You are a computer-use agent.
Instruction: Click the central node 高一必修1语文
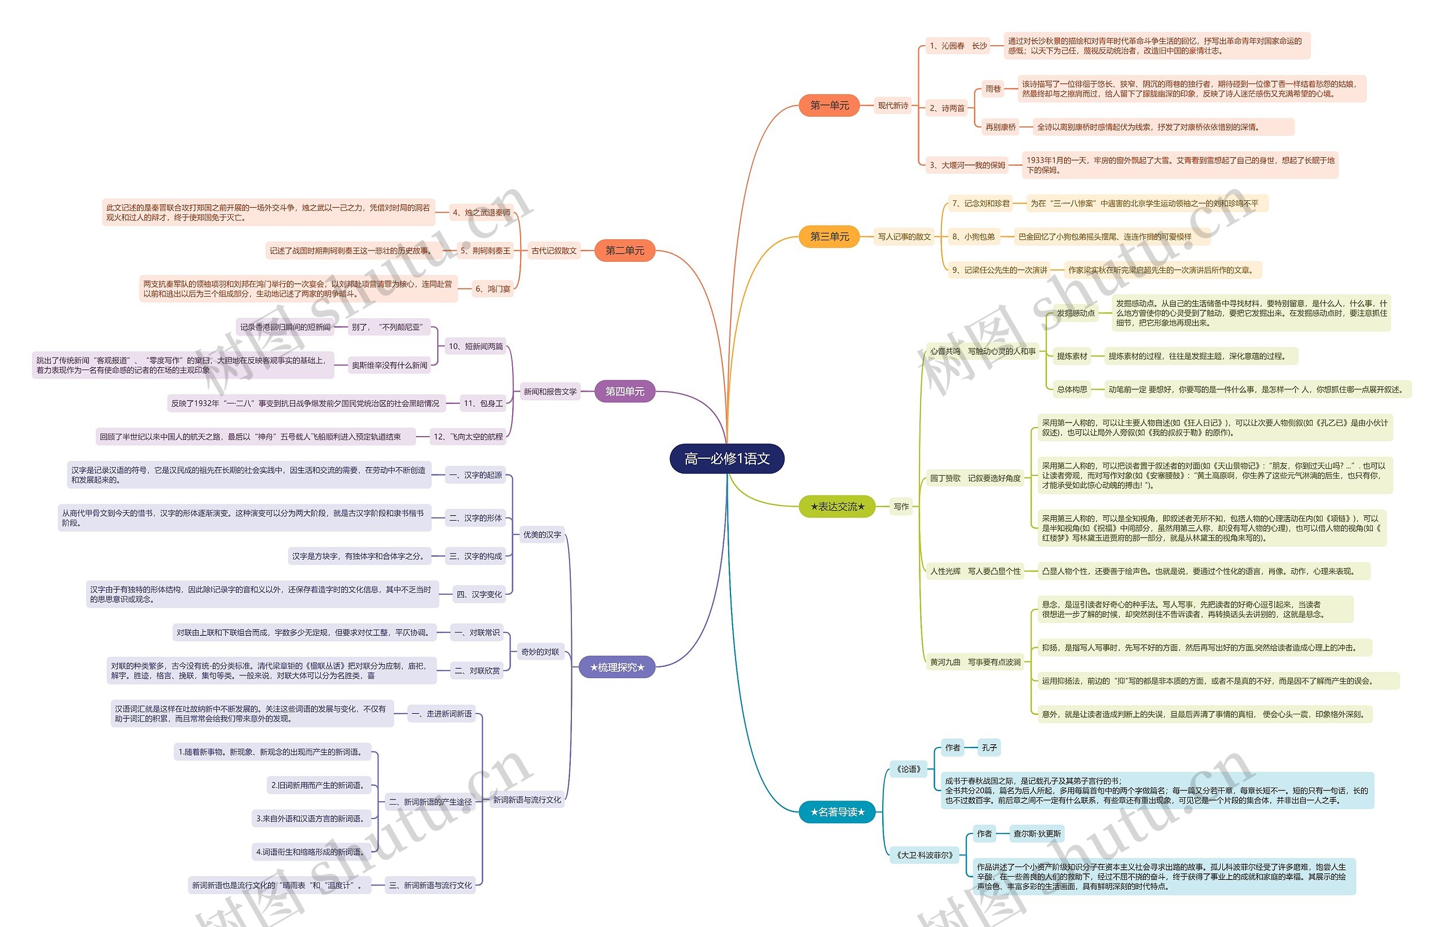(x=727, y=459)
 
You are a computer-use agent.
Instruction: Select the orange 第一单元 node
(x=829, y=106)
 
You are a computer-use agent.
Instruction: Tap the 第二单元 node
(x=624, y=251)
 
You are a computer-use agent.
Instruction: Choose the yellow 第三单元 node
(x=829, y=236)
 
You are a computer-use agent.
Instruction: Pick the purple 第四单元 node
(x=624, y=391)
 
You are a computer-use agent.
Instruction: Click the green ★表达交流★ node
(x=837, y=506)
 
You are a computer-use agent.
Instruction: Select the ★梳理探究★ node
(x=617, y=667)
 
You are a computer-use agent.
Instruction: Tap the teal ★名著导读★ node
(x=837, y=812)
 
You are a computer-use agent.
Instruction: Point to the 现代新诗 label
(x=893, y=106)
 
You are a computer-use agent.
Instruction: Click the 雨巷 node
(x=993, y=89)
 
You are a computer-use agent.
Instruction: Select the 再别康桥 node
(x=1000, y=127)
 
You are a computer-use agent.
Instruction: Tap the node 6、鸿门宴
(x=493, y=289)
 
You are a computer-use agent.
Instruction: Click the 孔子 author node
(x=989, y=748)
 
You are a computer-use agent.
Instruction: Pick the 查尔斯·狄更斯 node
(x=1037, y=834)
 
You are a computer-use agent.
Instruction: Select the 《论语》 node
(x=909, y=768)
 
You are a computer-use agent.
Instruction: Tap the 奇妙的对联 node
(x=540, y=652)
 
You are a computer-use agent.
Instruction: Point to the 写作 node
(x=901, y=507)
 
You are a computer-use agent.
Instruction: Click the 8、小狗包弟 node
(x=973, y=236)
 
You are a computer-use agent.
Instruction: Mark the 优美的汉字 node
(x=541, y=534)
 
